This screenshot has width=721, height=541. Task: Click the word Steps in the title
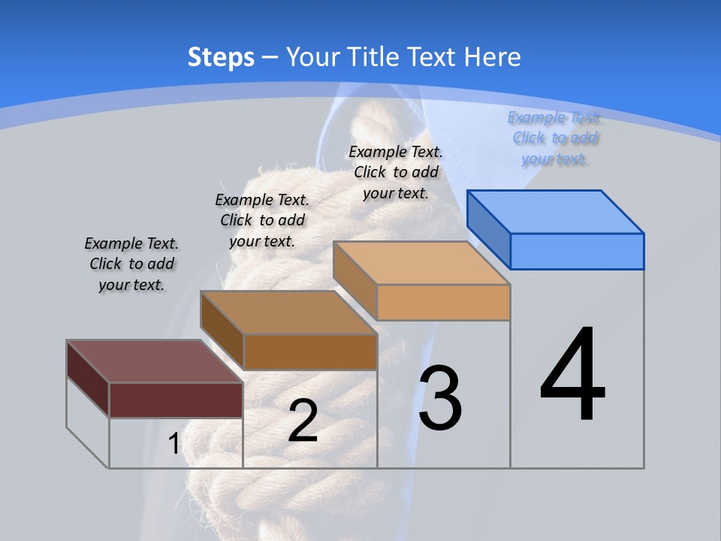coord(221,57)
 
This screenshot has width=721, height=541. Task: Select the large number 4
coord(572,376)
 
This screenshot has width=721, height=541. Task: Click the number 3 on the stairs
coord(440,399)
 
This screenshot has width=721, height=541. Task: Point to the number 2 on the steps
coord(303,422)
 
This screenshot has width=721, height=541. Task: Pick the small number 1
coord(173,444)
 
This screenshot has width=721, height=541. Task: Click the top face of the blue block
coord(556,211)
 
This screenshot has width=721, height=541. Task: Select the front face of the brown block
coord(310,352)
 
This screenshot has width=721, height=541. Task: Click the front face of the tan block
coord(443,302)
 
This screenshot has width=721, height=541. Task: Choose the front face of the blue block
coord(577,251)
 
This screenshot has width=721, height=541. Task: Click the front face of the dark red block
coord(176,400)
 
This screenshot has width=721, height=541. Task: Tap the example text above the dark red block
coord(131,264)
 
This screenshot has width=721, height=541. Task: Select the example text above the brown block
coord(262,221)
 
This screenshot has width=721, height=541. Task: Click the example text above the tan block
coord(396,172)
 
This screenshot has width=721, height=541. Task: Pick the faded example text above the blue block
coord(555,138)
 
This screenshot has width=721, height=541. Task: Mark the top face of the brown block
coord(288,312)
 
